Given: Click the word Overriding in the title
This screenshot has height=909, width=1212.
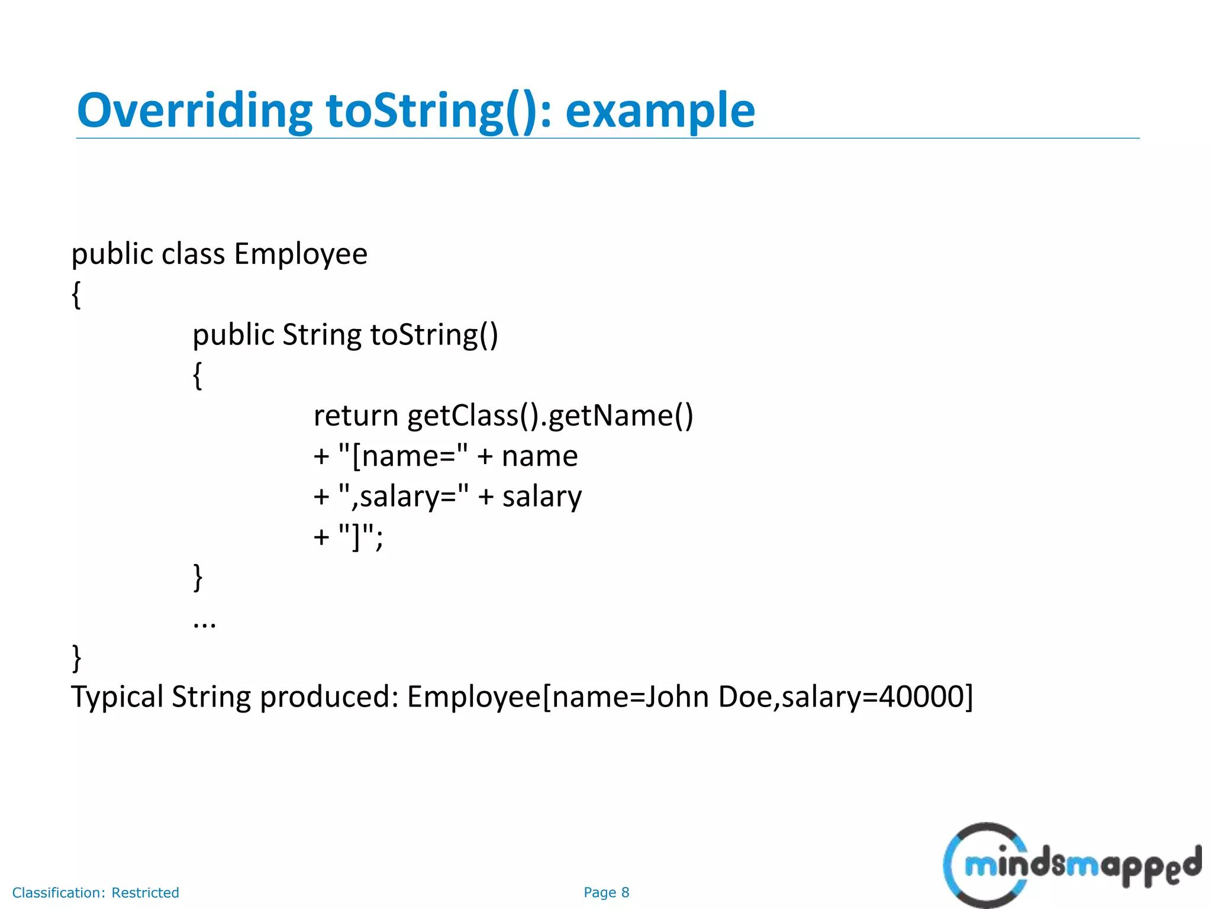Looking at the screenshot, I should (x=194, y=111).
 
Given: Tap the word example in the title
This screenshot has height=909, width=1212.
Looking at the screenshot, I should (x=660, y=111).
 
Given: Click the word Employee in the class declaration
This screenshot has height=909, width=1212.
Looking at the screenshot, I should (x=301, y=254).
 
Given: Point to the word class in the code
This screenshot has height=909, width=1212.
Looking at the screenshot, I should (x=193, y=254).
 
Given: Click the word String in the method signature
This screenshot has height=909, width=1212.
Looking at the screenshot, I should (x=321, y=335).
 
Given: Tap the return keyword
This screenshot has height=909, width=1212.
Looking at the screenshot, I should (x=356, y=415).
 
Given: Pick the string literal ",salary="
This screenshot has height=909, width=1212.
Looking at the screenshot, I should (x=404, y=496).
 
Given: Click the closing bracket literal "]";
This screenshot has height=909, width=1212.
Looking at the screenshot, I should (x=361, y=537).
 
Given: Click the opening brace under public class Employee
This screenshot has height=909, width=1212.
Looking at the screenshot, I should (x=76, y=294).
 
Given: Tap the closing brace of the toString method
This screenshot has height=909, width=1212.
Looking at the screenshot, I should (x=198, y=577).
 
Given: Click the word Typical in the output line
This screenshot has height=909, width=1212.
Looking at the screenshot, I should (x=117, y=697).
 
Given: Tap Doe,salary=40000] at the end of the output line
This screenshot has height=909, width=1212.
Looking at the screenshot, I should (x=845, y=697).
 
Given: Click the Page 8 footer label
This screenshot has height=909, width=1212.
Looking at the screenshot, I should (x=606, y=892).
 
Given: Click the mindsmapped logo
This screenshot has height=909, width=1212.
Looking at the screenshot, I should (x=1071, y=865).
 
